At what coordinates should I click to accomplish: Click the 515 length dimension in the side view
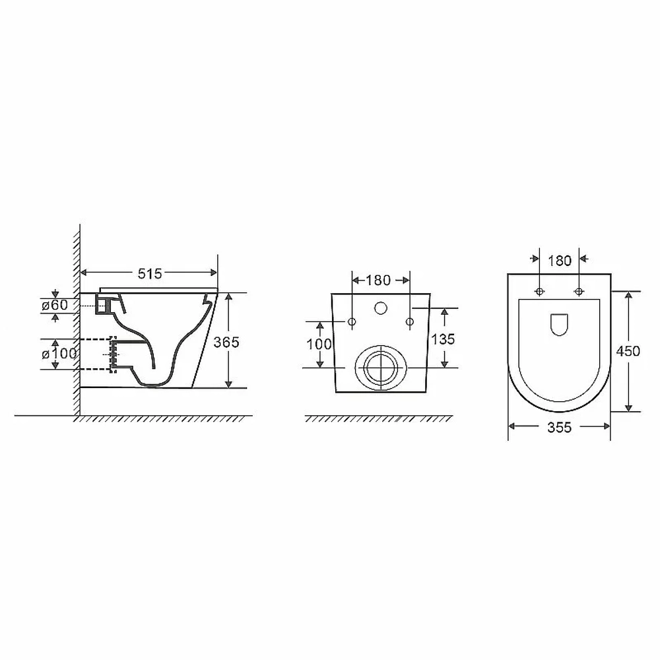[x=150, y=274]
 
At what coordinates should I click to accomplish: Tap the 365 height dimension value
[x=226, y=342]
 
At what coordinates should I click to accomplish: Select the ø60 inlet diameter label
[x=54, y=305]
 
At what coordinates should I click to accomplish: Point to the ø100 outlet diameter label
[x=59, y=354]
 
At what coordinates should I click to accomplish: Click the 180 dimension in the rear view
[x=378, y=280]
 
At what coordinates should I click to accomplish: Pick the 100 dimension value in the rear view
[x=319, y=345]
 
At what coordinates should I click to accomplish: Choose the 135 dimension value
[x=443, y=339]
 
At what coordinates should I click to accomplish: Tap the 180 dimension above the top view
[x=560, y=261]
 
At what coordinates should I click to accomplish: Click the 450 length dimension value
[x=628, y=351]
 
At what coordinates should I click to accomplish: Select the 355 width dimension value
[x=560, y=428]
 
